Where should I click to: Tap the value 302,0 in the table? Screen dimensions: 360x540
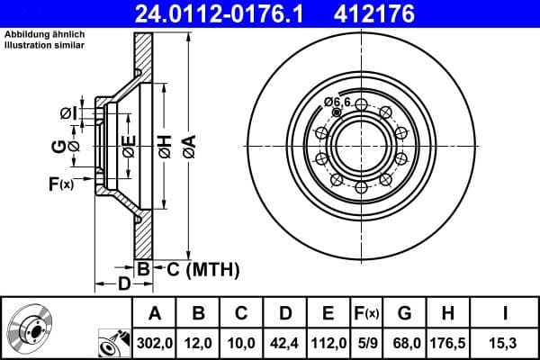point(155,343)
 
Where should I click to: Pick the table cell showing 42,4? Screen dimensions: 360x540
point(284,343)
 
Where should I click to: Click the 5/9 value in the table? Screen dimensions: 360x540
point(365,343)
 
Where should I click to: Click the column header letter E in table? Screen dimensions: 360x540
point(328,313)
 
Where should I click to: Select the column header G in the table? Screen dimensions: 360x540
point(404,313)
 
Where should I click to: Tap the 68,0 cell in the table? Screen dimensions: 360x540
point(404,343)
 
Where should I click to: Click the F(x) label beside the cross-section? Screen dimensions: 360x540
point(61,184)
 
